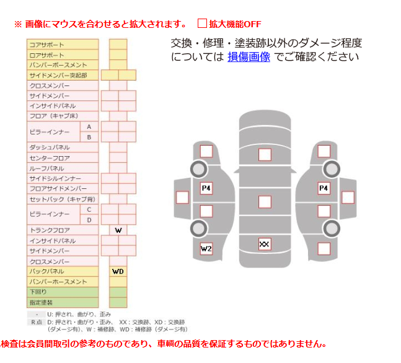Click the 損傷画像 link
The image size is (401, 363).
coord(249,57)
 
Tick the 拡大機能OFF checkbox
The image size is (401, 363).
coord(202,24)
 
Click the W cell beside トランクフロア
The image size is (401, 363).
coord(118,230)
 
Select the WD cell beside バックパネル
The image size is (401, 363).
coord(118,271)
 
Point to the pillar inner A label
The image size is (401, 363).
coord(89,126)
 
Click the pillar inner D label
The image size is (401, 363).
coord(89,220)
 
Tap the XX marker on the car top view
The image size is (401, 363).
coord(265,244)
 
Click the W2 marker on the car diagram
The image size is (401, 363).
coord(206,249)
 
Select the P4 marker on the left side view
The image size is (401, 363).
coord(206,188)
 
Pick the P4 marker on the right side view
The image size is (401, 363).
coord(324,188)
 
